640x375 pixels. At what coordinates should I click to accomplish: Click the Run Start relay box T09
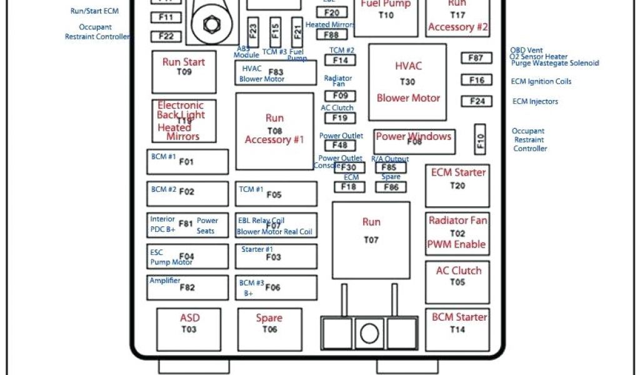184,71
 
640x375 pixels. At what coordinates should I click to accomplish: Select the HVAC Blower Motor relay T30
407,82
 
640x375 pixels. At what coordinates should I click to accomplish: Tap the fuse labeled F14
340,61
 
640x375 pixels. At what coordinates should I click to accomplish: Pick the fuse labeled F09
340,96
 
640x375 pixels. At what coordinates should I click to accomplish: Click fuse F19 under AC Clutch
340,117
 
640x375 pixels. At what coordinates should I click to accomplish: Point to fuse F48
340,146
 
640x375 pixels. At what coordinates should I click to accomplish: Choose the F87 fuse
476,58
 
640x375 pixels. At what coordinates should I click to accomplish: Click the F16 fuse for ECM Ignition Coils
476,80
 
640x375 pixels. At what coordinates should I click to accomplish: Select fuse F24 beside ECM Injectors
476,101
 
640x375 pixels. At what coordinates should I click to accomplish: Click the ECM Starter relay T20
457,186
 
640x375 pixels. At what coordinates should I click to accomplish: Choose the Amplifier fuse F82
187,287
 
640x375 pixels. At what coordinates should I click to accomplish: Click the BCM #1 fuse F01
187,162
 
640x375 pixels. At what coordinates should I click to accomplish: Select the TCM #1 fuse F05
275,194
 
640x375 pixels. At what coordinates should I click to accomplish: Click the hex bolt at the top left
211,24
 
